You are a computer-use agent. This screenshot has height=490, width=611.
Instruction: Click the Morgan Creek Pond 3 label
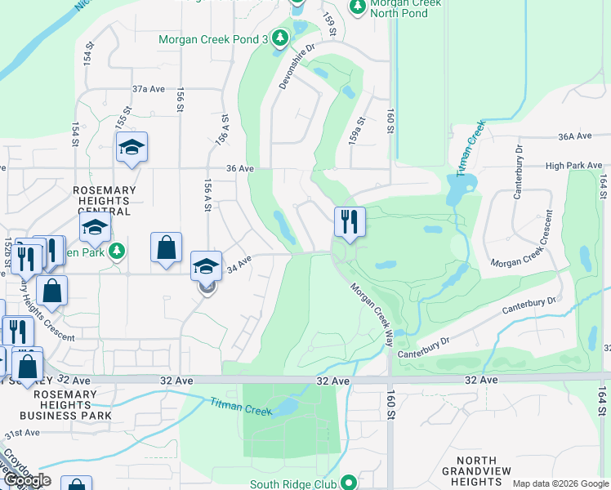pos(213,39)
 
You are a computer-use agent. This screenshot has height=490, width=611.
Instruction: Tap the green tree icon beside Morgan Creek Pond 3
pos(280,38)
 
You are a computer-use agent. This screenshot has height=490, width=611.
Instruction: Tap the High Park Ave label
pos(573,166)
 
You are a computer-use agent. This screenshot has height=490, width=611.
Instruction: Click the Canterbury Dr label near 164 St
pos(551,301)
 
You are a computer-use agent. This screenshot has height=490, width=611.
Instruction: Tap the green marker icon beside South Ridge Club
pos(350,483)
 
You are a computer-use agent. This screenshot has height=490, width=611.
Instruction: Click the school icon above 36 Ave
pos(131,148)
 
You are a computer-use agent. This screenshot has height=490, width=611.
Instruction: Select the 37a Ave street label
pos(149,88)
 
